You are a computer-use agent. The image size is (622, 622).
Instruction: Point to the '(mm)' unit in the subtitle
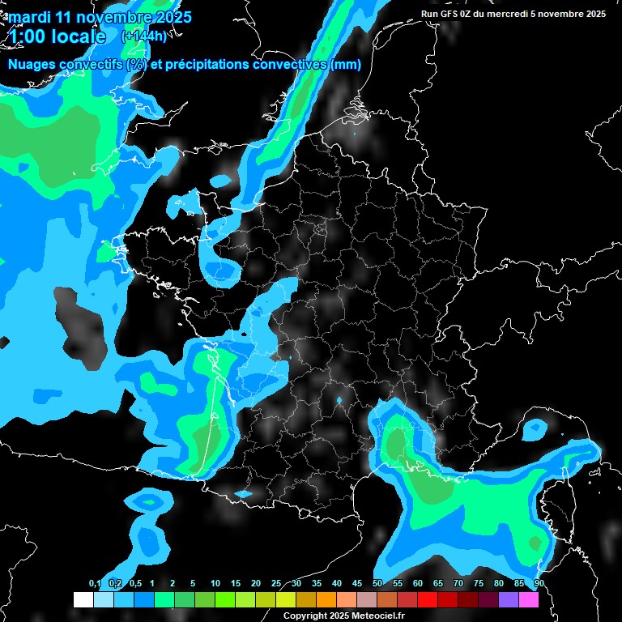[344, 65]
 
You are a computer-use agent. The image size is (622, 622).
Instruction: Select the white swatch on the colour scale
[83, 599]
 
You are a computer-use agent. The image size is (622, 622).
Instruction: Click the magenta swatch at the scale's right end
[528, 599]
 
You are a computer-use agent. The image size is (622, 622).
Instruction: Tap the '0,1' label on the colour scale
[95, 584]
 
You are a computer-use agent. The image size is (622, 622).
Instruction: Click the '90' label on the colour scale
[539, 584]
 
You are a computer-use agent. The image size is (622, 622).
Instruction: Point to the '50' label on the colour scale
[377, 584]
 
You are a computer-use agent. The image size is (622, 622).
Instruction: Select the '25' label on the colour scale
[276, 584]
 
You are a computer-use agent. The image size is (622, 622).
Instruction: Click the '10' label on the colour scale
[215, 584]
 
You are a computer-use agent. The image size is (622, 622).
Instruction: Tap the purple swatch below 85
[508, 599]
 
